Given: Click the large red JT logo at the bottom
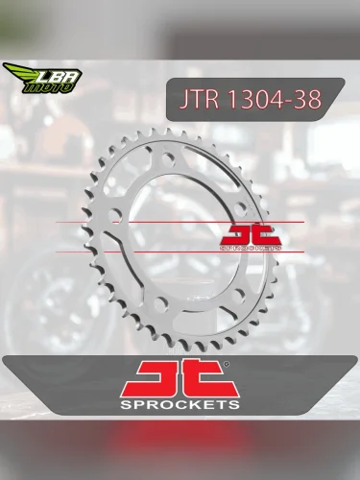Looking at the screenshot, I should [x=179, y=377].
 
